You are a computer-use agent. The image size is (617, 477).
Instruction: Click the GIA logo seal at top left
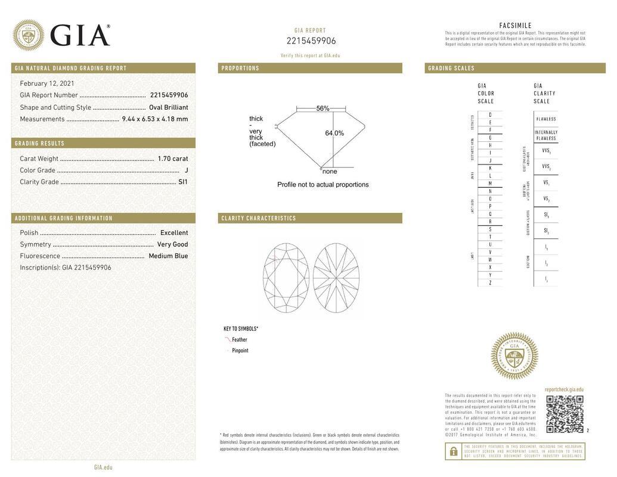point(28,35)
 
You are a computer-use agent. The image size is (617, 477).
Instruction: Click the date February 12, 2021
point(47,83)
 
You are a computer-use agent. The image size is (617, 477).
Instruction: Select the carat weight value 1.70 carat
point(172,159)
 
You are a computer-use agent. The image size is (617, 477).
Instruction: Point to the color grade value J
point(186,171)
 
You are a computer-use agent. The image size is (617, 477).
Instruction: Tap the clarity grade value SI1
point(182,182)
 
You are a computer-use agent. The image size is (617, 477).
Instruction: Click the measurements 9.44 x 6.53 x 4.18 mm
point(154,119)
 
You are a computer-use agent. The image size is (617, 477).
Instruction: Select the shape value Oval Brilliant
point(168,107)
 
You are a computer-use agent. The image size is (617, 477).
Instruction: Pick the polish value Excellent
point(173,233)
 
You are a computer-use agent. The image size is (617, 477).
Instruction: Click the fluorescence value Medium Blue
point(168,256)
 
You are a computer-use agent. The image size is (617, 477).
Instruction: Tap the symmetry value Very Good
point(172,244)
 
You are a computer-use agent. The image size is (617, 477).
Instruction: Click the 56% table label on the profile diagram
point(323,109)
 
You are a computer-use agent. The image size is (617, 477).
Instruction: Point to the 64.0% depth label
point(334,133)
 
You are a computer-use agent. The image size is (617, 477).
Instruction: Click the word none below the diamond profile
point(330,172)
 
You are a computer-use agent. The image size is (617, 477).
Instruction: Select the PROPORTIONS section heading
point(240,69)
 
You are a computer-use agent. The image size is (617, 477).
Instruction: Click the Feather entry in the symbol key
point(239,340)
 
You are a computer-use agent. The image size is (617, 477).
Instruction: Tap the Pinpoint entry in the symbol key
point(240,351)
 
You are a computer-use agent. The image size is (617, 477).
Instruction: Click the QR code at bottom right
point(565,414)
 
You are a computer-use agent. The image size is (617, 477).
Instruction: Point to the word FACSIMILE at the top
point(515,26)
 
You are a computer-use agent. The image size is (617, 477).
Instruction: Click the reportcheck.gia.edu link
point(564,389)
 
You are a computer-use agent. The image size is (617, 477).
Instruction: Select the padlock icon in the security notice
point(454,452)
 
